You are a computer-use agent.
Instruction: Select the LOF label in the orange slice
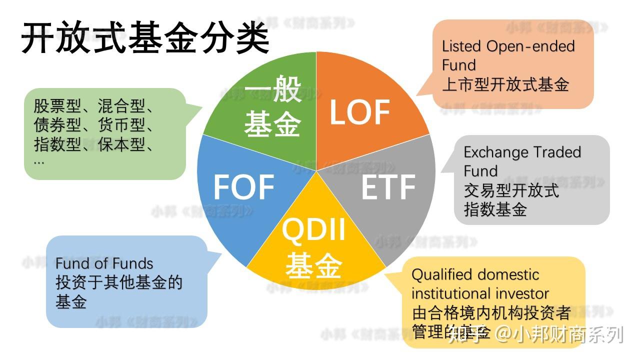coord(359,112)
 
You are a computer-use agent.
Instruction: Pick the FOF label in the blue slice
coord(243,187)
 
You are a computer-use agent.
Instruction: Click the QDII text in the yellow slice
coord(313,230)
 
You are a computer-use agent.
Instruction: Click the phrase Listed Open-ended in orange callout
coord(508,46)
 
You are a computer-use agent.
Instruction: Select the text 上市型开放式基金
coord(505,84)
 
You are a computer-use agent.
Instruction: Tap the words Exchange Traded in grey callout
coord(522,152)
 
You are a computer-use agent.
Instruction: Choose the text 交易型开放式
coord(511,190)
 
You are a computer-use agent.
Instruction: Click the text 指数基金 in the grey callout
coord(495,209)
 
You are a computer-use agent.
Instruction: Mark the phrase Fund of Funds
coord(104,263)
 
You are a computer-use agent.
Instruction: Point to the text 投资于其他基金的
coord(119,283)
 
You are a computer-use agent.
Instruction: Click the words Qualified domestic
coord(475,274)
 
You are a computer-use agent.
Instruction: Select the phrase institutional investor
coord(480,293)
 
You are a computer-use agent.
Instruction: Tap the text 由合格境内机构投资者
coord(491,313)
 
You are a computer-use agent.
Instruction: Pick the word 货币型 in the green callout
coord(121,125)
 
